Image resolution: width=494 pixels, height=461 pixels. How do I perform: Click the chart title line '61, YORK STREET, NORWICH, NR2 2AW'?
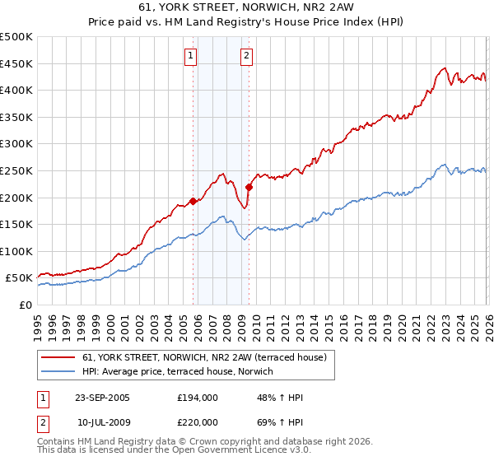pyautogui.click(x=247, y=7)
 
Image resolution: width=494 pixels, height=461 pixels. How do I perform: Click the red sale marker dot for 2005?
pyautogui.click(x=193, y=200)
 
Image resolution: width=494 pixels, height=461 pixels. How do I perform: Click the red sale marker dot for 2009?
pyautogui.click(x=249, y=187)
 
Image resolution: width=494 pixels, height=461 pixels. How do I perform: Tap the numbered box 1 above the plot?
pyautogui.click(x=191, y=56)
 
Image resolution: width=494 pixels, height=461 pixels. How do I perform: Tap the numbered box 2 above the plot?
pyautogui.click(x=246, y=56)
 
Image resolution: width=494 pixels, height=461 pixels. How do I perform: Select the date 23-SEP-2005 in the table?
pyautogui.click(x=102, y=398)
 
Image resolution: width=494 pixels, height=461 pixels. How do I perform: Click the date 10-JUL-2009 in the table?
pyautogui.click(x=102, y=422)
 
